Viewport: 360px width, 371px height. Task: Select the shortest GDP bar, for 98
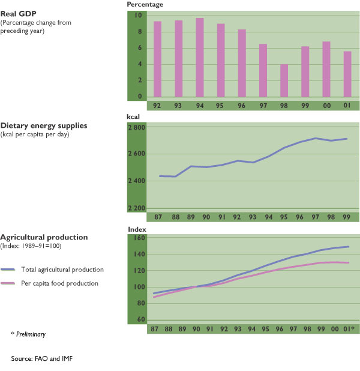[x=284, y=80]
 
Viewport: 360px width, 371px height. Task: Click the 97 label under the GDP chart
[x=263, y=105]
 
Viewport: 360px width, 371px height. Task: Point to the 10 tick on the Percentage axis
[x=139, y=15]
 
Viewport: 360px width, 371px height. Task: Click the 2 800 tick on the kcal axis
[x=137, y=128]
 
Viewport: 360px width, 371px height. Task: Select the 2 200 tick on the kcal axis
[x=137, y=208]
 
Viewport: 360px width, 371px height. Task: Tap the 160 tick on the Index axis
[x=139, y=238]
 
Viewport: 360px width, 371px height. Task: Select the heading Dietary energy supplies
[x=44, y=125]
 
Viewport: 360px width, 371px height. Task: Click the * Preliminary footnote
[x=28, y=333]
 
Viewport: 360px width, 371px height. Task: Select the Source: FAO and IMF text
[x=41, y=358]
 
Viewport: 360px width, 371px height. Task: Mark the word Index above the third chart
[x=137, y=229]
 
